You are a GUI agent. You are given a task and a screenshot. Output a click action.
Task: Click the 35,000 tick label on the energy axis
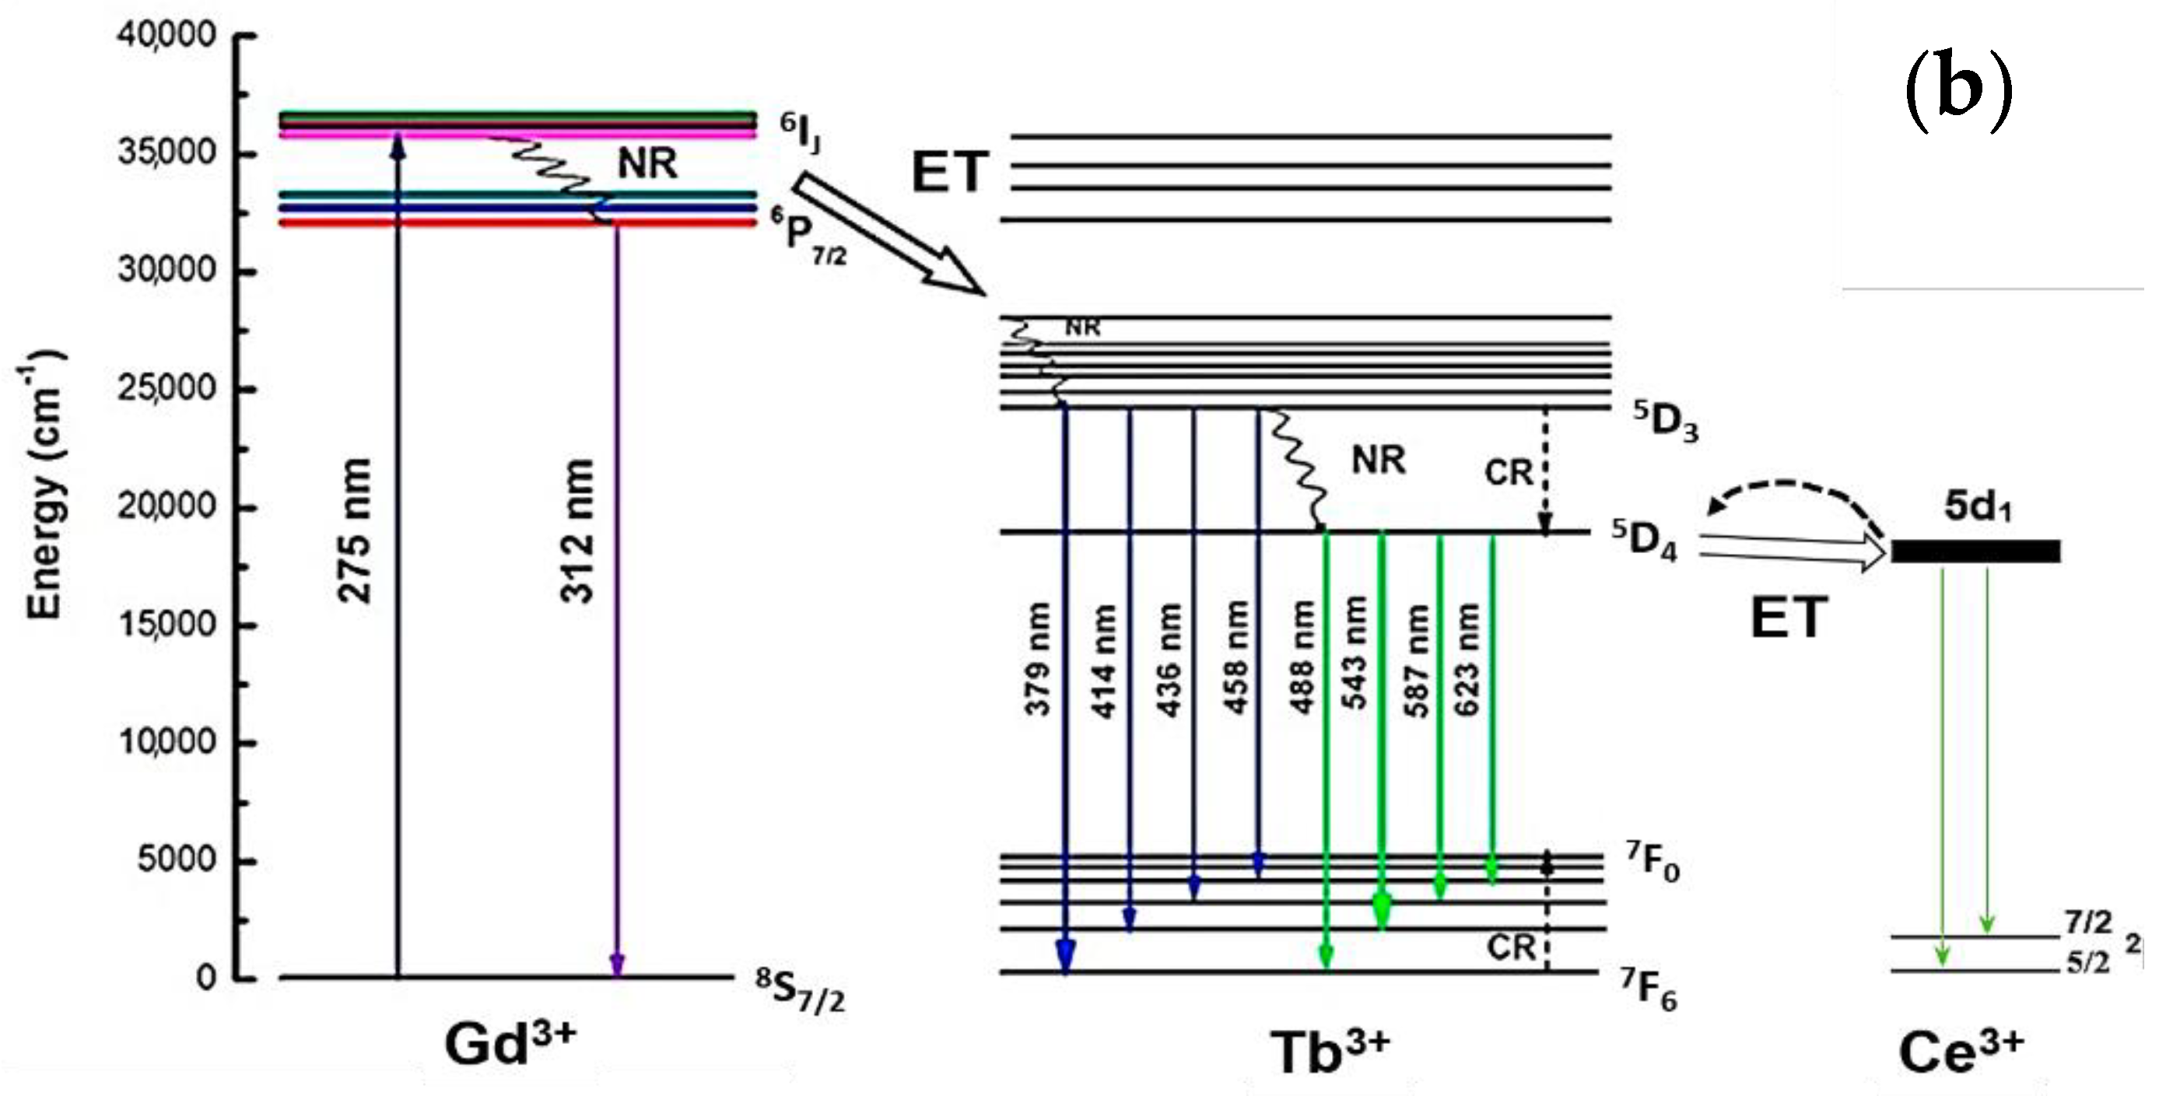(166, 153)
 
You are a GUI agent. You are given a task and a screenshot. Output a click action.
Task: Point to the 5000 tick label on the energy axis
(177, 860)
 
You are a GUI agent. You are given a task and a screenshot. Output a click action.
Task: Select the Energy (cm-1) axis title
(44, 488)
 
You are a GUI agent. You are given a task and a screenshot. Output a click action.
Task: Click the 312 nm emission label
(577, 531)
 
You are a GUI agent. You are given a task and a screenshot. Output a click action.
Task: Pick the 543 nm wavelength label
(1355, 654)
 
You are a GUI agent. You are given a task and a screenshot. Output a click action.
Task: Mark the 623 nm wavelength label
(1467, 659)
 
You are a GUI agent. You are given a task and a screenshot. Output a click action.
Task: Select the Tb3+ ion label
(1329, 1051)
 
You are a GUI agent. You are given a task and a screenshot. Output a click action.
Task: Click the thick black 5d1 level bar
(1975, 552)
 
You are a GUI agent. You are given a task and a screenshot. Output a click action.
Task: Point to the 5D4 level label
(1645, 540)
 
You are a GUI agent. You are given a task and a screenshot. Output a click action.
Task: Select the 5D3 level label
(1666, 420)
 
